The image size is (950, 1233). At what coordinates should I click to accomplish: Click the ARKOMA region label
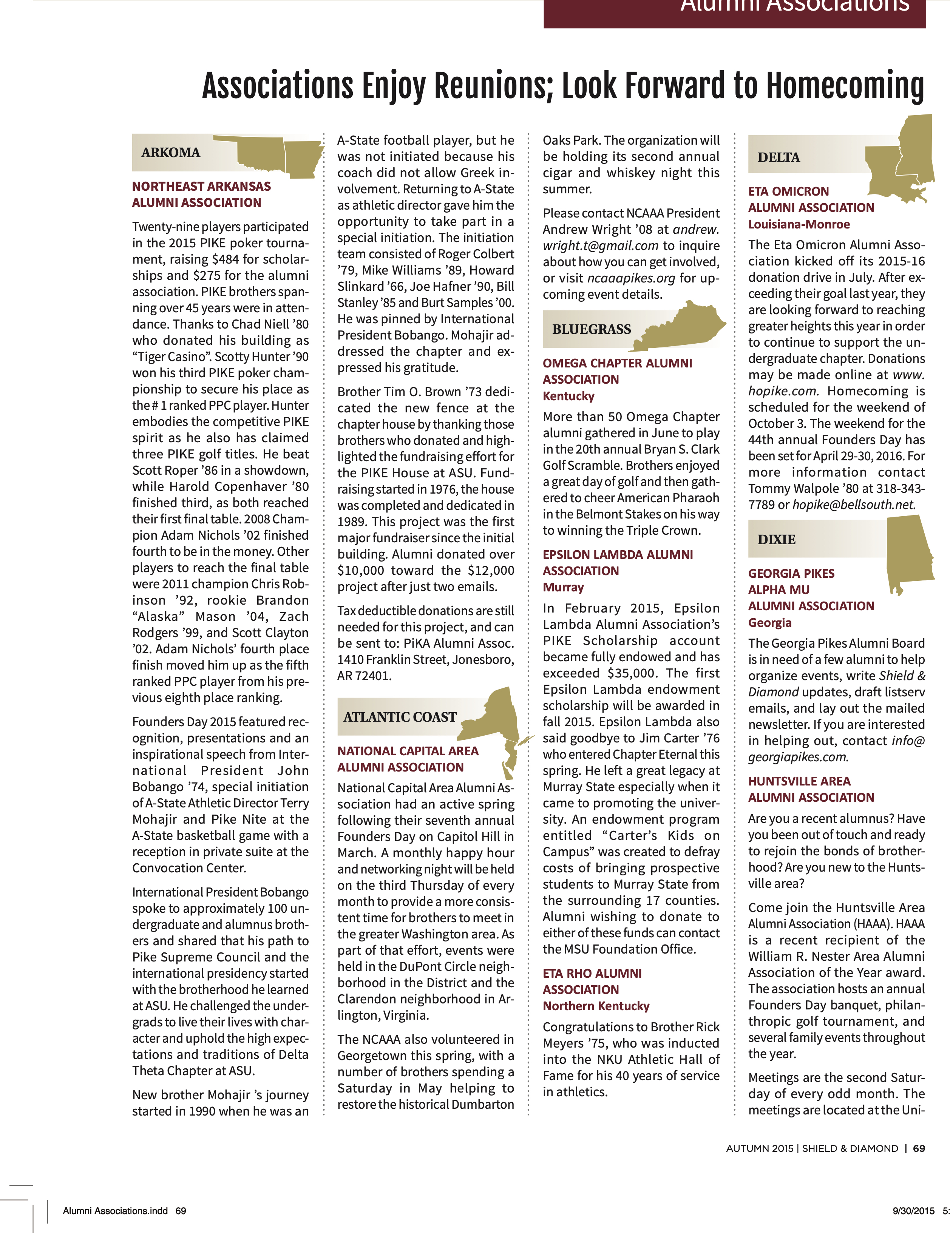pos(171,153)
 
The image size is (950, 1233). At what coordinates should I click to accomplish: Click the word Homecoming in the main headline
pos(844,86)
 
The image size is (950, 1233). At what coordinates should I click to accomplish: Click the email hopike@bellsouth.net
pos(853,505)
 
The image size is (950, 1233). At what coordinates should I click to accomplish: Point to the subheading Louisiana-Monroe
pos(799,224)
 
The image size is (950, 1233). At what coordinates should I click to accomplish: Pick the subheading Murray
pos(563,587)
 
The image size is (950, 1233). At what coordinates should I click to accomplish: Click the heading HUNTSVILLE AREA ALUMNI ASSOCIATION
pos(811,789)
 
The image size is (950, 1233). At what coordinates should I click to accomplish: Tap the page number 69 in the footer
pos(919,1148)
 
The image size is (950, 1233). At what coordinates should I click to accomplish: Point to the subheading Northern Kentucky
pos(596,1006)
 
